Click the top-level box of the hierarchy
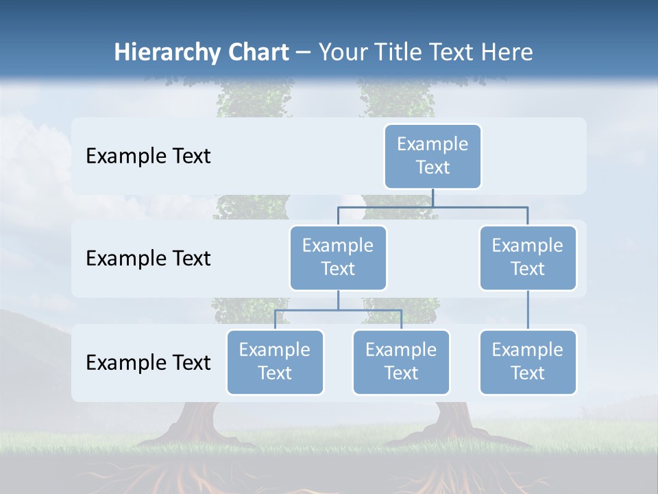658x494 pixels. pyautogui.click(x=432, y=156)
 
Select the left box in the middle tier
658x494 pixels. pyautogui.click(x=338, y=257)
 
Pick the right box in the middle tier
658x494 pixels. pyautogui.click(x=527, y=257)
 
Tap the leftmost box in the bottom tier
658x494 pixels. pyautogui.click(x=275, y=362)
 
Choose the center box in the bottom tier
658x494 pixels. pyautogui.click(x=401, y=362)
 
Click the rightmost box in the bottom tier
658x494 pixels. pyautogui.click(x=527, y=362)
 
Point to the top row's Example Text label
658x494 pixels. pyautogui.click(x=148, y=156)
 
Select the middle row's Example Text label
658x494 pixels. pyautogui.click(x=148, y=259)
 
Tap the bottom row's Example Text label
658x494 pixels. pyautogui.click(x=148, y=362)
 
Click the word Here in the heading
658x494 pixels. pyautogui.click(x=507, y=52)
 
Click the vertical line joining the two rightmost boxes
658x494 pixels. pyautogui.click(x=527, y=310)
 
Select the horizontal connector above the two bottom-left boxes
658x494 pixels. pyautogui.click(x=338, y=310)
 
